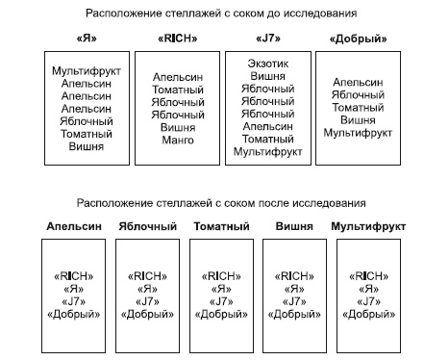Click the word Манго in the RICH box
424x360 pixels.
click(178, 140)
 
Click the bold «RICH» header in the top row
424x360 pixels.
click(178, 39)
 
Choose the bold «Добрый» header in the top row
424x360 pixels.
click(357, 39)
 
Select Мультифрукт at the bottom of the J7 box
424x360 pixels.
click(267, 152)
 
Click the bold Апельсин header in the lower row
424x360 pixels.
click(72, 226)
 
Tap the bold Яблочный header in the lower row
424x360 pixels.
click(147, 226)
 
